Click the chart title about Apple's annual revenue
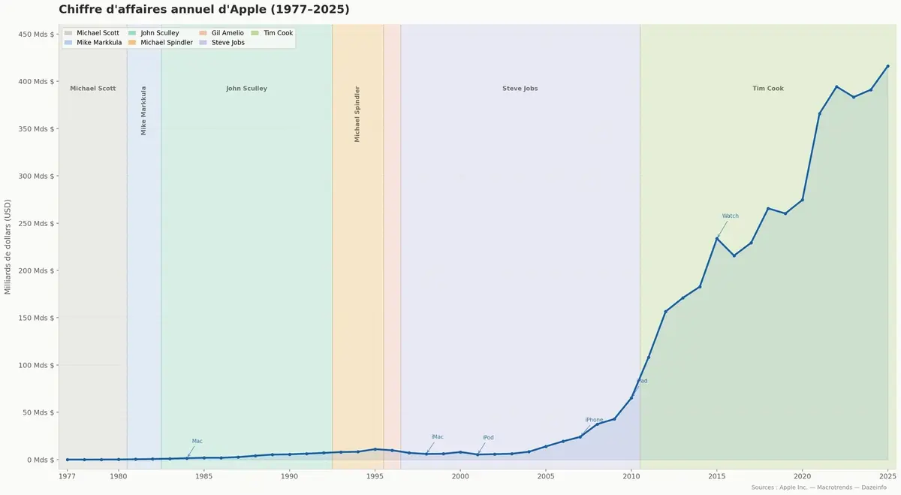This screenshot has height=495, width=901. (203, 10)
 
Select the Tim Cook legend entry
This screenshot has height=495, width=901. (272, 33)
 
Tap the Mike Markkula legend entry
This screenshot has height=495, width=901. (98, 43)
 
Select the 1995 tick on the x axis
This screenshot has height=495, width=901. (375, 475)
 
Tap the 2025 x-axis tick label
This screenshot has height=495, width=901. (887, 475)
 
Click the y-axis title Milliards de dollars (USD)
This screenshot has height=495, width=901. (8, 246)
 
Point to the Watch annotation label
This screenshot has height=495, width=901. (730, 216)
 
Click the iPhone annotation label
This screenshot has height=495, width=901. (594, 420)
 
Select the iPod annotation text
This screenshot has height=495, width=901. (488, 438)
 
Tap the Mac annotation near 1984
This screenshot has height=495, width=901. (197, 442)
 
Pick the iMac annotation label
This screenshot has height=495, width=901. (437, 437)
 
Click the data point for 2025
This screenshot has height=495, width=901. (887, 66)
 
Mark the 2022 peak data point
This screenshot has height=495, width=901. (836, 86)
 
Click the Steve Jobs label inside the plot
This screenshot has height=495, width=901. (520, 89)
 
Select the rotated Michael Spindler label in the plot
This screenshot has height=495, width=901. (357, 114)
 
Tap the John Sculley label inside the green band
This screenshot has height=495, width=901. (246, 89)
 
